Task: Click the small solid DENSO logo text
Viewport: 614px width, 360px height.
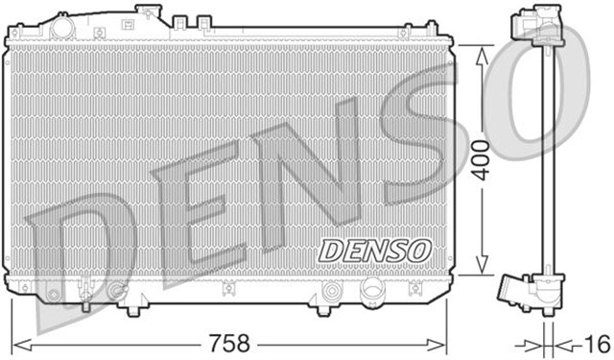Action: pos(375,250)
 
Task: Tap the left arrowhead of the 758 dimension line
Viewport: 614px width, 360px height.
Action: pos(17,342)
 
